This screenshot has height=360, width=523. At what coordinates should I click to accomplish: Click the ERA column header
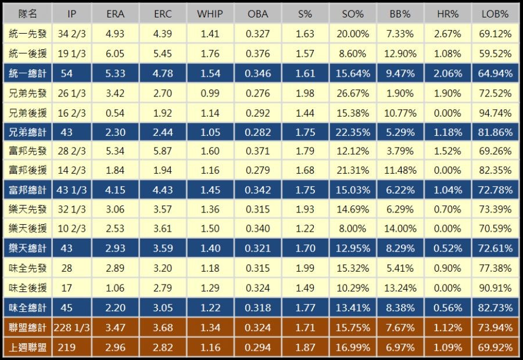pos(115,14)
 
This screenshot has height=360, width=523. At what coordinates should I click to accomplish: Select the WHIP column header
pos(210,14)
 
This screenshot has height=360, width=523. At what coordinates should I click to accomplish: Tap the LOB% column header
pos(495,14)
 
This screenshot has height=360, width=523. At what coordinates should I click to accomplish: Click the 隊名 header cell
pos(28,14)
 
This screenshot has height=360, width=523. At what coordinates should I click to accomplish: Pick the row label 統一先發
pos(28,34)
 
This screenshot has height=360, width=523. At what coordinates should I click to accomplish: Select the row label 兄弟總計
pos(28,132)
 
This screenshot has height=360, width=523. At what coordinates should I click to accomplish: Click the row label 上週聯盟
pos(28,347)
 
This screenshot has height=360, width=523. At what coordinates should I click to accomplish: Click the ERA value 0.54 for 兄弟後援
pos(115,113)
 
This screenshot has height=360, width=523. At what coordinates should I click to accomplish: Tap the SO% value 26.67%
pos(352,93)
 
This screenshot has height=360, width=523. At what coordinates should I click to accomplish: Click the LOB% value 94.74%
pos(495,113)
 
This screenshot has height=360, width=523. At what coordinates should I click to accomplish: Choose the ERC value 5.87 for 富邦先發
pos(163,152)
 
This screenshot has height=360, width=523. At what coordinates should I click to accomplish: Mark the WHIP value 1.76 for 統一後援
pos(210,54)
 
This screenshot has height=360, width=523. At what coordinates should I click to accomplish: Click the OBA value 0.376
pos(257,54)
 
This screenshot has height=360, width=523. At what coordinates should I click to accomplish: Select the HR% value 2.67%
pos(447,34)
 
